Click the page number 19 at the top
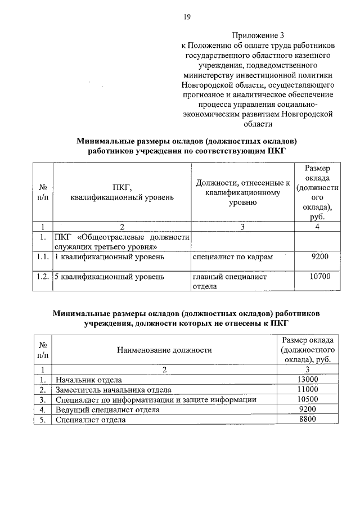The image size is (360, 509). click(x=186, y=16)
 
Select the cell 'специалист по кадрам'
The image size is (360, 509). click(x=232, y=257)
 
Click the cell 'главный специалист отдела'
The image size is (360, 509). click(x=229, y=281)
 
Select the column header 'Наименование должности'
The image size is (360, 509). click(x=164, y=350)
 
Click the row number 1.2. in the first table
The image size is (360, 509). click(x=42, y=277)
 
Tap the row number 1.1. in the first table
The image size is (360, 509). click(x=42, y=257)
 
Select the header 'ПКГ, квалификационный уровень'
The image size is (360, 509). click(x=122, y=192)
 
